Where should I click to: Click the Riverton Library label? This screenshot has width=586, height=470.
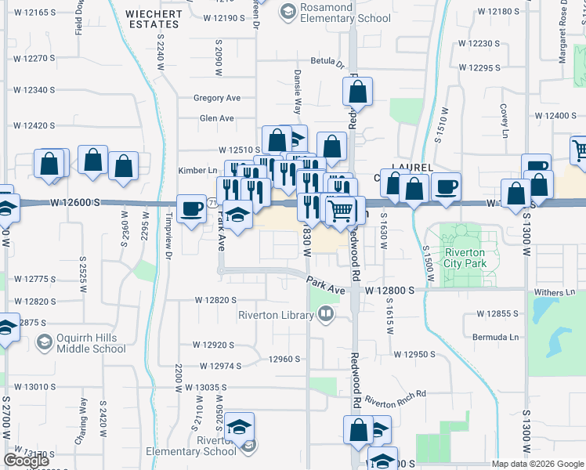pyautogui.click(x=277, y=315)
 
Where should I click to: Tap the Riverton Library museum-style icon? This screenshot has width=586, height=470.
pyautogui.click(x=325, y=315)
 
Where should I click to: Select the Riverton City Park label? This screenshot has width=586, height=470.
pyautogui.click(x=465, y=258)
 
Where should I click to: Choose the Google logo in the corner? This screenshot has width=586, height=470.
pyautogui.click(x=26, y=461)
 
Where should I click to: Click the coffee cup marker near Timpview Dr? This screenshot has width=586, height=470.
pyautogui.click(x=191, y=209)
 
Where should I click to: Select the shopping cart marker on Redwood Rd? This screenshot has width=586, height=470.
pyautogui.click(x=340, y=211)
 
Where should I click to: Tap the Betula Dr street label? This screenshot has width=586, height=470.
pyautogui.click(x=327, y=61)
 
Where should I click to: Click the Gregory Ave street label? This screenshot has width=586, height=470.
pyautogui.click(x=217, y=99)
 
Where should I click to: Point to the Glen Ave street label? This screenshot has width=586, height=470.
pyautogui.click(x=217, y=118)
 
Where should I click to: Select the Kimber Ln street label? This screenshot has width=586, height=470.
pyautogui.click(x=197, y=170)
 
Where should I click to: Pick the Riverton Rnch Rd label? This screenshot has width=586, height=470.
pyautogui.click(x=396, y=399)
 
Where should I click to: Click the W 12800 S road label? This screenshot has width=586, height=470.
pyautogui.click(x=389, y=291)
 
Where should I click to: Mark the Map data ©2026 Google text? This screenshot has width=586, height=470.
pyautogui.click(x=537, y=464)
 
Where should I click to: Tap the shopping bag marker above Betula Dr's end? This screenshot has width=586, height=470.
pyautogui.click(x=357, y=92)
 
